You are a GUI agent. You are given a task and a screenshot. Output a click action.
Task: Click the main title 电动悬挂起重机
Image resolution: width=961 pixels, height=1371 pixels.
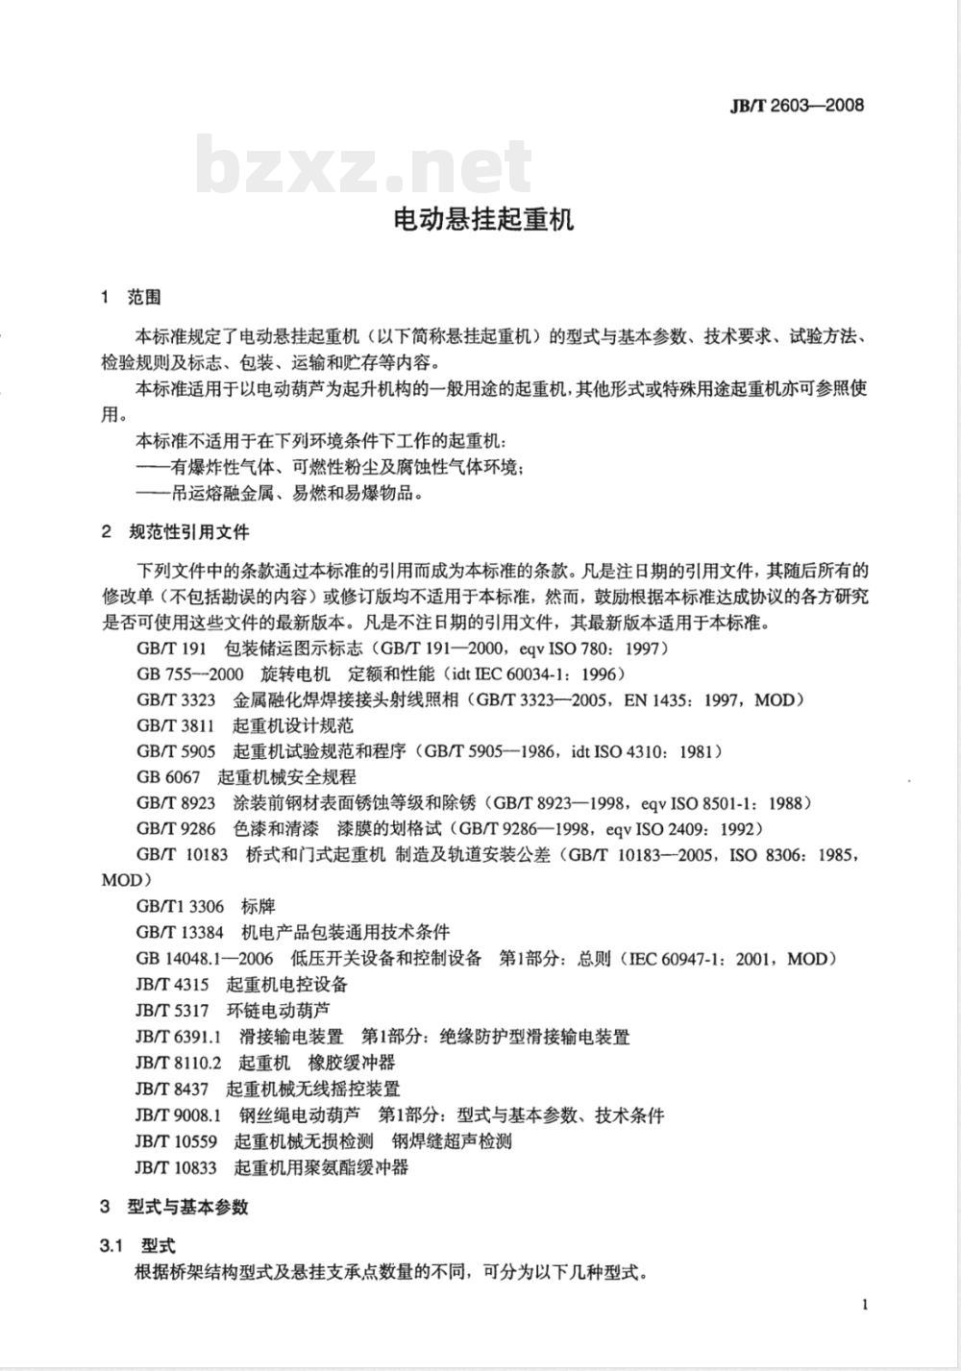pyautogui.click(x=484, y=219)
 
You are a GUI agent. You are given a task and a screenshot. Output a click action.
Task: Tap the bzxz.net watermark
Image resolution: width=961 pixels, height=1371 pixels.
pyautogui.click(x=364, y=165)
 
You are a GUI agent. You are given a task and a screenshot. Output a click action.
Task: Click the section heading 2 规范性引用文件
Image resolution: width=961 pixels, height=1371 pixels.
pyautogui.click(x=175, y=531)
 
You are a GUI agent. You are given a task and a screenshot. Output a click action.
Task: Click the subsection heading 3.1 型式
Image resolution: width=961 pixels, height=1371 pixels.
pyautogui.click(x=137, y=1245)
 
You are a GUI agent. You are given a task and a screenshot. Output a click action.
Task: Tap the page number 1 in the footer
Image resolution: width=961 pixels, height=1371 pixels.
pyautogui.click(x=865, y=1304)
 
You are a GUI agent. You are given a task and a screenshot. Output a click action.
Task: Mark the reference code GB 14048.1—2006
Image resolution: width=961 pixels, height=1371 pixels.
pyautogui.click(x=205, y=958)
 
